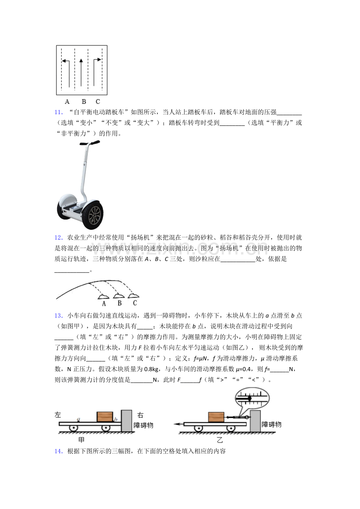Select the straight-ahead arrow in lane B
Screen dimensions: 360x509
(81, 73)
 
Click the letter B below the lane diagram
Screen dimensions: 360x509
(84, 102)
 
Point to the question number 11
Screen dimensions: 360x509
(58, 112)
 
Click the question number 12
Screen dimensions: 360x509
(58, 238)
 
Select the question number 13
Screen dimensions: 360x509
(58, 315)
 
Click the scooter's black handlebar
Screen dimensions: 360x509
(90, 143)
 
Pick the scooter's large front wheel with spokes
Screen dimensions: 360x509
(93, 215)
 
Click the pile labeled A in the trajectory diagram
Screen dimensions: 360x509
(103, 296)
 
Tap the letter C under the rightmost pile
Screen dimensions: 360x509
(135, 303)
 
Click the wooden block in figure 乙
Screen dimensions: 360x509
(216, 417)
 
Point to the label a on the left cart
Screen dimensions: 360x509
(79, 419)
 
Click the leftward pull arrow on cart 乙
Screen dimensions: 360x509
(179, 424)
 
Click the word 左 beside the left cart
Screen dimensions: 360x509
(58, 415)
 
